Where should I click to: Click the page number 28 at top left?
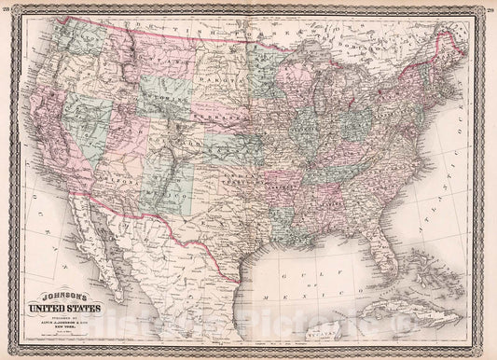coord(8,7)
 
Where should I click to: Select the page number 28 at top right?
coord(488,7)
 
